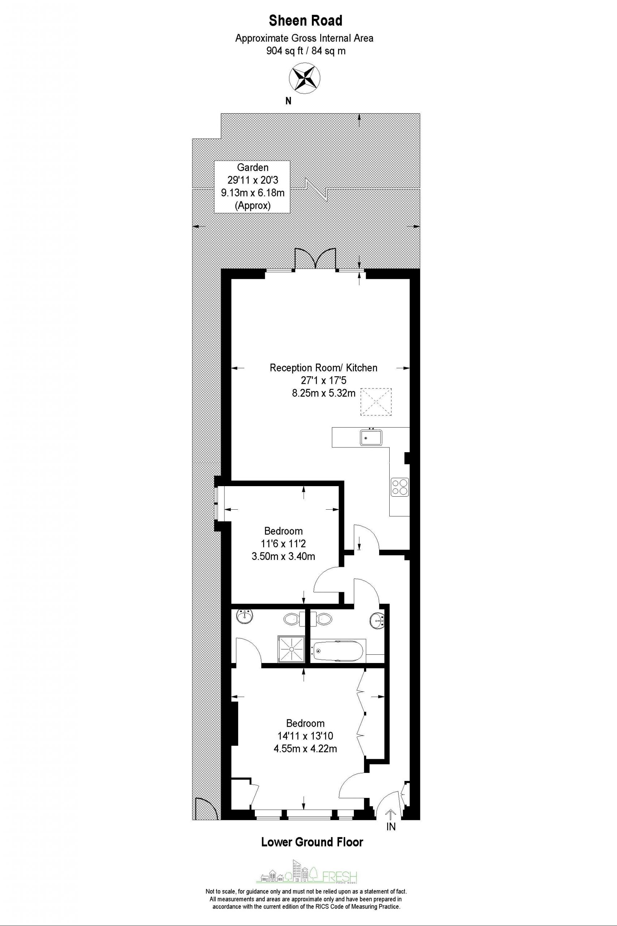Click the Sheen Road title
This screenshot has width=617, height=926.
coord(305,21)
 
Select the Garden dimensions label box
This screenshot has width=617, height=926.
coord(252,187)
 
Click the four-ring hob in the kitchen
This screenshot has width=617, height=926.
coord(399,486)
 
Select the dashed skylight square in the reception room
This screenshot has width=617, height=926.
coord(377,402)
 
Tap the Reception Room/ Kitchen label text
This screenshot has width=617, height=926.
coord(324,368)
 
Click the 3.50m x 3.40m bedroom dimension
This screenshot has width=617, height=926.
coord(283,556)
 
